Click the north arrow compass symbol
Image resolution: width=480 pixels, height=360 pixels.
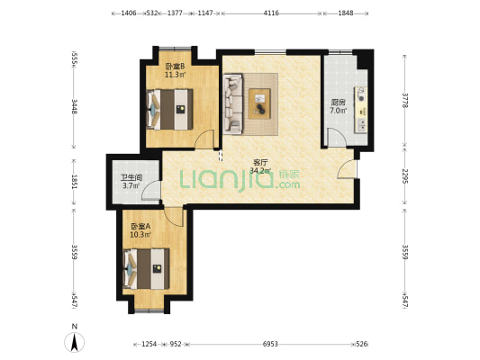[x=75, y=342]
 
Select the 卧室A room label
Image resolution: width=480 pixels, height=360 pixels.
[x=140, y=226]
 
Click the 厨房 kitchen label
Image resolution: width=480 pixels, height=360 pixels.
[x=338, y=103]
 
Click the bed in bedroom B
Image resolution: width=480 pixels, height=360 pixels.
[x=170, y=109]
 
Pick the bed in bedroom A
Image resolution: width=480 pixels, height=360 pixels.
[x=146, y=269]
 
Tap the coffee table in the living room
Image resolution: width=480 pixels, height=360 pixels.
[x=259, y=103]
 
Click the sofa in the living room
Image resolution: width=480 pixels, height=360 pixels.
[x=233, y=103]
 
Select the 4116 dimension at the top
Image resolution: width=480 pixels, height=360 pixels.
[x=271, y=13]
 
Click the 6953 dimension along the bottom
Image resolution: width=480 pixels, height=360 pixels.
[x=270, y=344]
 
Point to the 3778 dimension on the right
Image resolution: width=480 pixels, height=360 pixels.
[x=405, y=100]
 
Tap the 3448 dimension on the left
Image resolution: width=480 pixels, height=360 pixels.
[x=74, y=106]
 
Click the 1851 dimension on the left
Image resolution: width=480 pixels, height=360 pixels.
[x=74, y=182]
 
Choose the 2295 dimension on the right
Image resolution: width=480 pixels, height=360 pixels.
[x=405, y=176]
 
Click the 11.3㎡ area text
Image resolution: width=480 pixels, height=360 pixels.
[x=175, y=75]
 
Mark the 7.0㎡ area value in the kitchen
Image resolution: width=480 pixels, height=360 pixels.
[x=338, y=111]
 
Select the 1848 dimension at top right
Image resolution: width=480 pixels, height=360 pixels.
[x=346, y=13]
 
